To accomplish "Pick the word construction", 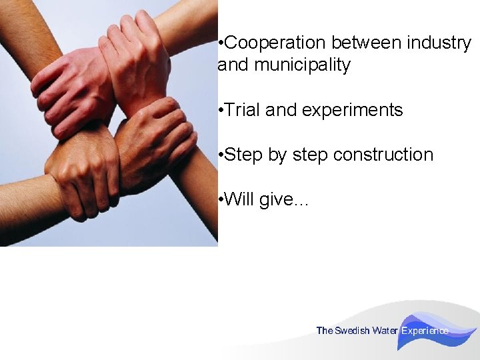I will pos(383,155).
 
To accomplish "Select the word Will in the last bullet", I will pos(239,199).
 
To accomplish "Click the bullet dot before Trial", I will pos(221,110).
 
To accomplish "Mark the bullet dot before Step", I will pos(221,155).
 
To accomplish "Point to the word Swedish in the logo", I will pos(352,331).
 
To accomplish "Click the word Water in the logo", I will pos(385,331).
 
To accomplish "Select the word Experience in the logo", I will pos(425,331).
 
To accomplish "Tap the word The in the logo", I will pos(324,331).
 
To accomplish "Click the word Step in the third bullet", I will pos(244,155).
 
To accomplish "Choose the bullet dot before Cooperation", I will pos(221,43).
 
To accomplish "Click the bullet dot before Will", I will pos(221,199).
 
